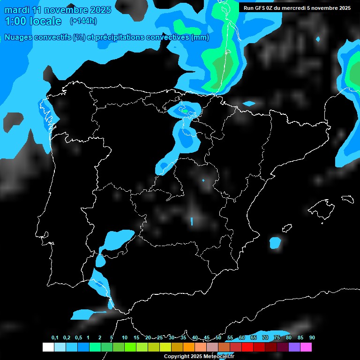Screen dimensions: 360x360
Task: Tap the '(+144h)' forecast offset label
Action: [x=83, y=21]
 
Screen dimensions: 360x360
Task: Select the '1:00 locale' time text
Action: [x=33, y=21]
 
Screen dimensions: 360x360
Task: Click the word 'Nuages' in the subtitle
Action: [x=19, y=37]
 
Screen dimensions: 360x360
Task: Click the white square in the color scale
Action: [x=48, y=347]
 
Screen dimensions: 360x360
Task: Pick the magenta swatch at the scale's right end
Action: [x=306, y=347]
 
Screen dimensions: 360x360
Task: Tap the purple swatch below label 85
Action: [x=294, y=347]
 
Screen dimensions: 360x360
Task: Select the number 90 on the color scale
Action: [x=312, y=338]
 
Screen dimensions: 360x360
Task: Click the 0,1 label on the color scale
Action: [x=55, y=338]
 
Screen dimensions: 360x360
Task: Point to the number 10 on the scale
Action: [x=125, y=338]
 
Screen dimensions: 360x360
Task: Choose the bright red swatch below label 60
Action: [x=247, y=347]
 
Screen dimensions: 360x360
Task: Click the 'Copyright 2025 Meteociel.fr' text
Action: [x=199, y=356]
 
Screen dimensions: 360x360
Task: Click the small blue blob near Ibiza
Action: [x=275, y=242]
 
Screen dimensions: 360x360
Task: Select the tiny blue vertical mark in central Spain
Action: [x=192, y=221]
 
